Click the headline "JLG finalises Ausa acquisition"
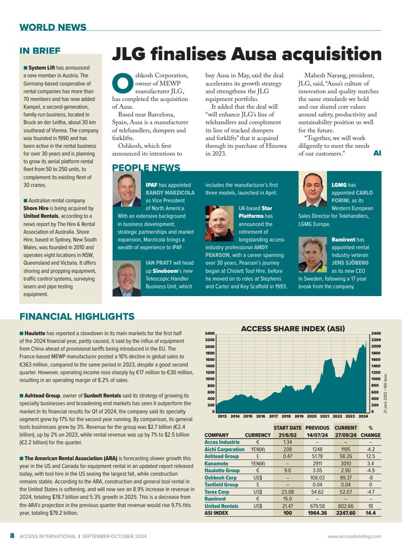(x=247, y=55)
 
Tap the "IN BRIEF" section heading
(x=40, y=51)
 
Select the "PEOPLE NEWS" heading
(x=146, y=168)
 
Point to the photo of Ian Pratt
(x=127, y=279)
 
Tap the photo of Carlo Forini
(x=312, y=189)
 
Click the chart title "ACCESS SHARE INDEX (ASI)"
(x=293, y=329)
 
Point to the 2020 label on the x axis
(x=311, y=416)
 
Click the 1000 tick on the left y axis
(x=210, y=379)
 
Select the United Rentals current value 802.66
(x=346, y=506)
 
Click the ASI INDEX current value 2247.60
(x=346, y=513)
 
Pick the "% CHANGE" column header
(x=370, y=431)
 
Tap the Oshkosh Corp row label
(x=220, y=477)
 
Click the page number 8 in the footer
(x=12, y=536)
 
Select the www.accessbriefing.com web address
(x=354, y=536)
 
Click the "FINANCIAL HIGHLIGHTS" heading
(x=77, y=317)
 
